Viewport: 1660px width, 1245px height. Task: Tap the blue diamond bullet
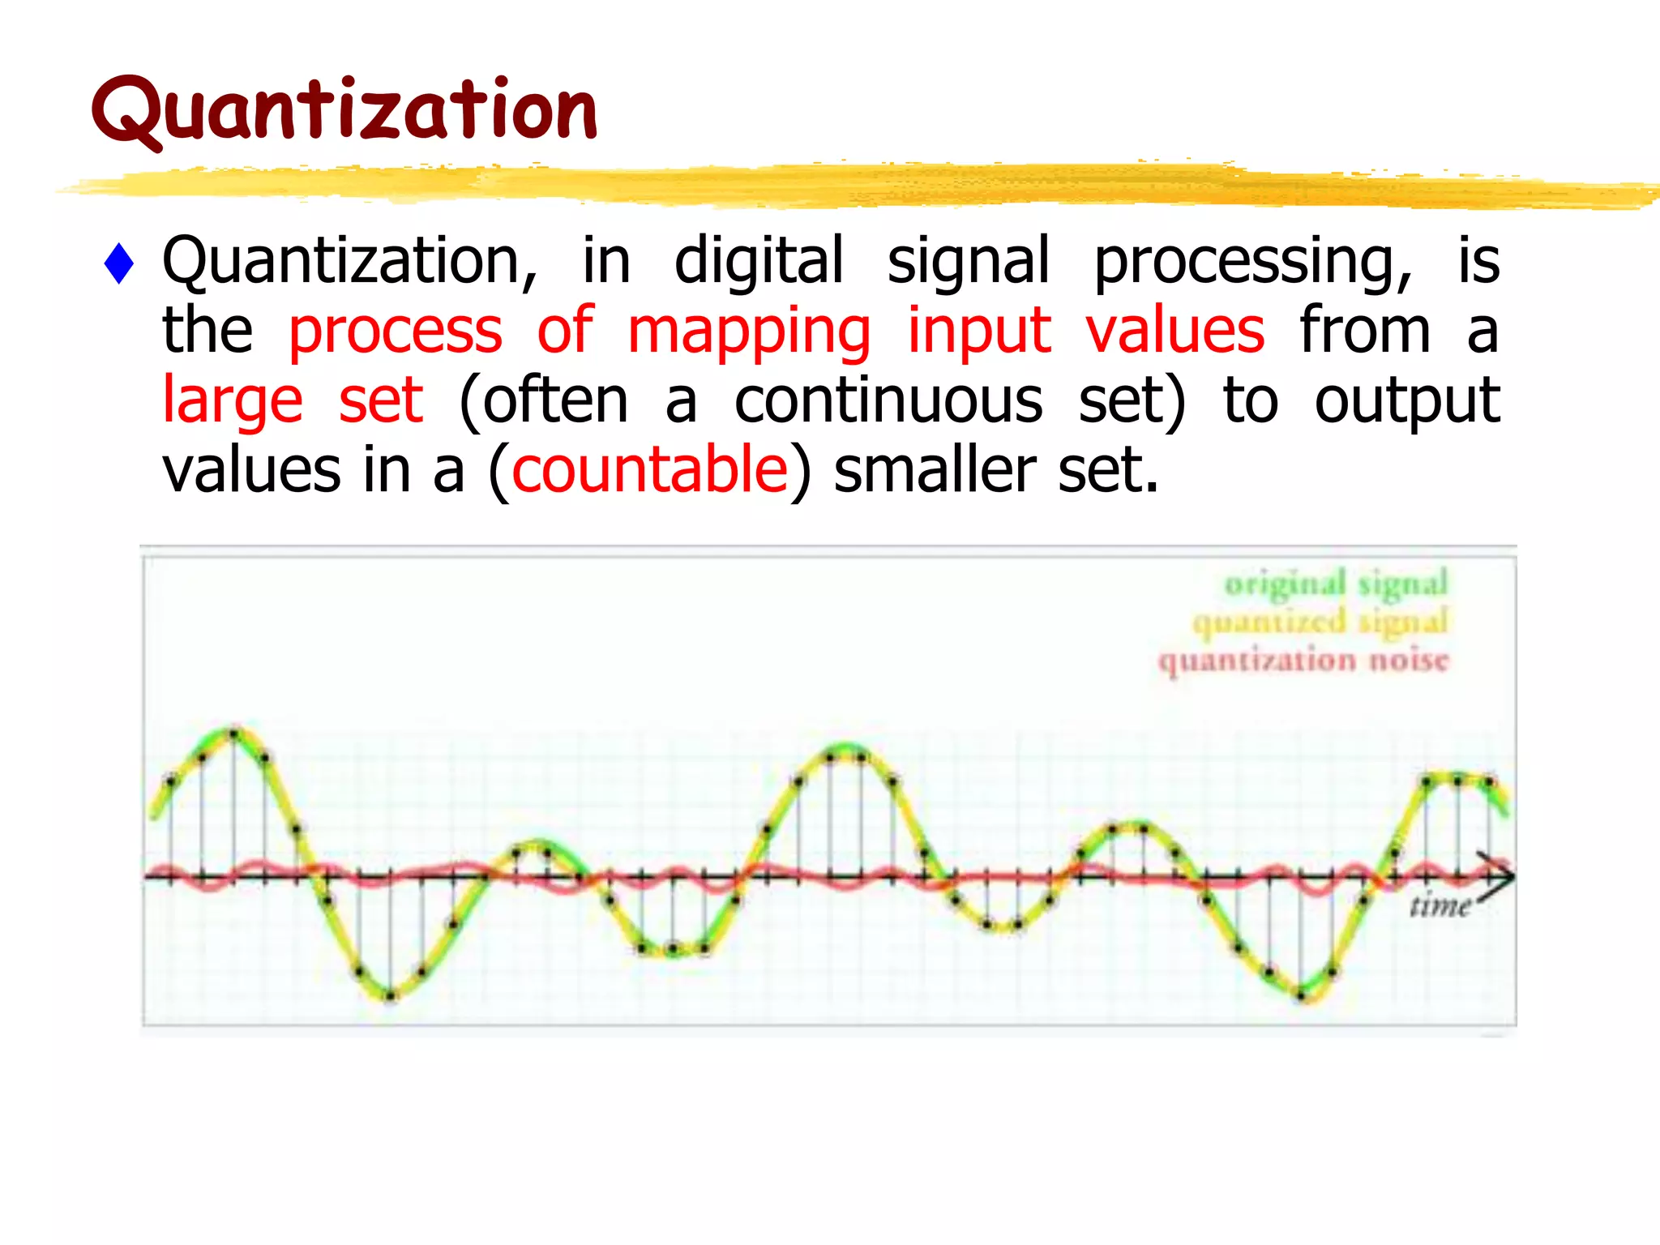[x=119, y=263]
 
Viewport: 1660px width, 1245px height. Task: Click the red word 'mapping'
[x=749, y=332]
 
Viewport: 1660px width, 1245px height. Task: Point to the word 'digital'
[x=759, y=261]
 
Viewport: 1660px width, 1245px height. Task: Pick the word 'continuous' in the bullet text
[x=888, y=400]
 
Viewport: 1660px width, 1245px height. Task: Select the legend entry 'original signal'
[x=1336, y=584]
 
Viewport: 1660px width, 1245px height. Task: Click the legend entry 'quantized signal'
[x=1320, y=622]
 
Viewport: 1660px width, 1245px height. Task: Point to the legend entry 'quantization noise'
[x=1303, y=661]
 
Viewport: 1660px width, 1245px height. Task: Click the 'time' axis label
[x=1440, y=905]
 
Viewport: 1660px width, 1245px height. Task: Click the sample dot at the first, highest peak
[x=233, y=734]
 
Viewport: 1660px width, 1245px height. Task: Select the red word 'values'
[x=1174, y=331]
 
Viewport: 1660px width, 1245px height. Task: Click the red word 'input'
[x=979, y=332]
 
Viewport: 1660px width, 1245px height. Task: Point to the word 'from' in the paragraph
[x=1365, y=331]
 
